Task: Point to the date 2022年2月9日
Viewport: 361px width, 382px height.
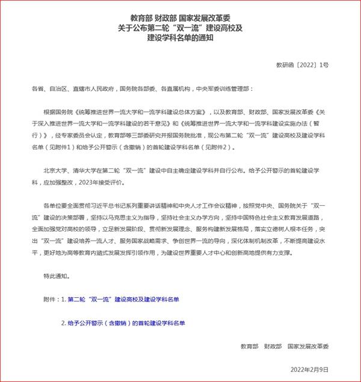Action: pyautogui.click(x=310, y=368)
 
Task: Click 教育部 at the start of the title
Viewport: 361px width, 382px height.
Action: pyautogui.click(x=141, y=17)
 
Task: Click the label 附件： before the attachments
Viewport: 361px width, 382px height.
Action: pyautogui.click(x=45, y=299)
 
